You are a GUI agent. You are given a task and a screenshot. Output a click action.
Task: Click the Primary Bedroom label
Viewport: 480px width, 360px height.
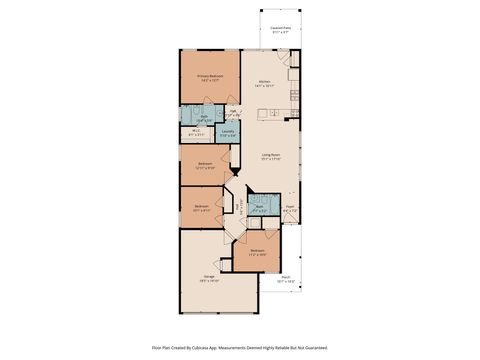(210, 75)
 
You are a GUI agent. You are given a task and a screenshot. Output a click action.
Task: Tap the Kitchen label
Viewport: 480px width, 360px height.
(264, 81)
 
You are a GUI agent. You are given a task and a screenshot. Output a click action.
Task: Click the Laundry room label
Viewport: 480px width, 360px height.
(228, 130)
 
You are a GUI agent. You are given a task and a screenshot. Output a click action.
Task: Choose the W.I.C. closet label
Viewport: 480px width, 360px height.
(196, 130)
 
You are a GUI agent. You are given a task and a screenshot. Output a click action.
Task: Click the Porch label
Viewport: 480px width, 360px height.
(285, 277)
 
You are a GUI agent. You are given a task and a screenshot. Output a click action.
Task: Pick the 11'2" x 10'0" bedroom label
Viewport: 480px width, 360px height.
(257, 252)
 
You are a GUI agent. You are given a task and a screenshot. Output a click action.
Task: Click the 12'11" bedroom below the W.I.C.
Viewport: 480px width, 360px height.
(204, 165)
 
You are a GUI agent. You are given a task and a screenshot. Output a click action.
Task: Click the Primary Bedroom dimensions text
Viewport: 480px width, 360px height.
(210, 80)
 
